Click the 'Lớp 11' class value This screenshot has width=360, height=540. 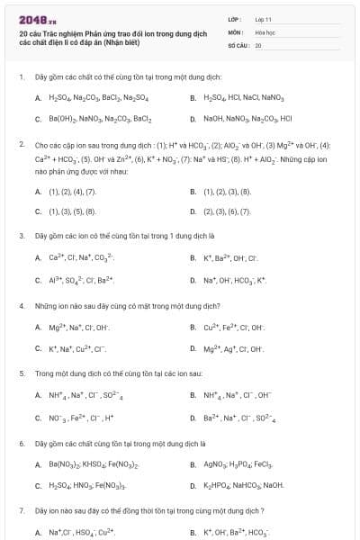click(x=263, y=18)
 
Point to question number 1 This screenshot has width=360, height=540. click(x=21, y=77)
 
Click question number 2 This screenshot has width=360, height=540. click(x=21, y=144)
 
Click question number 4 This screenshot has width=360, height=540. click(x=21, y=305)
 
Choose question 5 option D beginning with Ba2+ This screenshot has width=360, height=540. click(x=233, y=418)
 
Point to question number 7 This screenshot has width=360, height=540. click(x=21, y=510)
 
